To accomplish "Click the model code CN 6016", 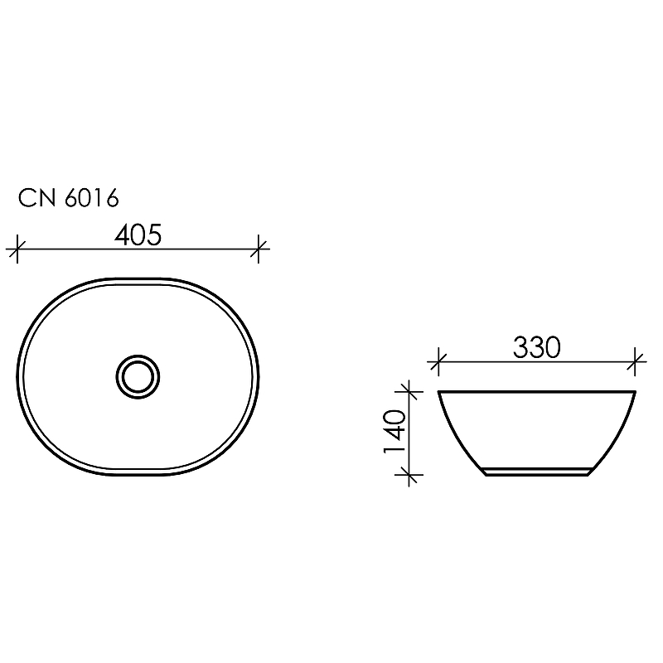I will pos(69,199).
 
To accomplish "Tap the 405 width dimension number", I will pos(137,235).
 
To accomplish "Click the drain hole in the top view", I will pos(136,377).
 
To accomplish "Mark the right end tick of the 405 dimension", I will pos(259,247).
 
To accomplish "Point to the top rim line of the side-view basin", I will pos(536,391).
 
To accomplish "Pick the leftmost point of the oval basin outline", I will pos(17,377).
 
